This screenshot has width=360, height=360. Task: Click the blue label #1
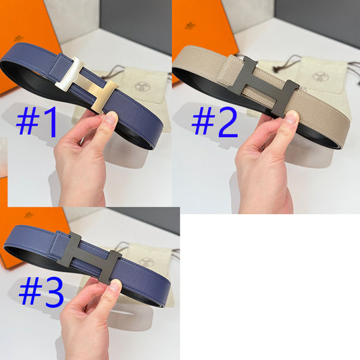38,122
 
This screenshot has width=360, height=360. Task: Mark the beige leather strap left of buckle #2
203,64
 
